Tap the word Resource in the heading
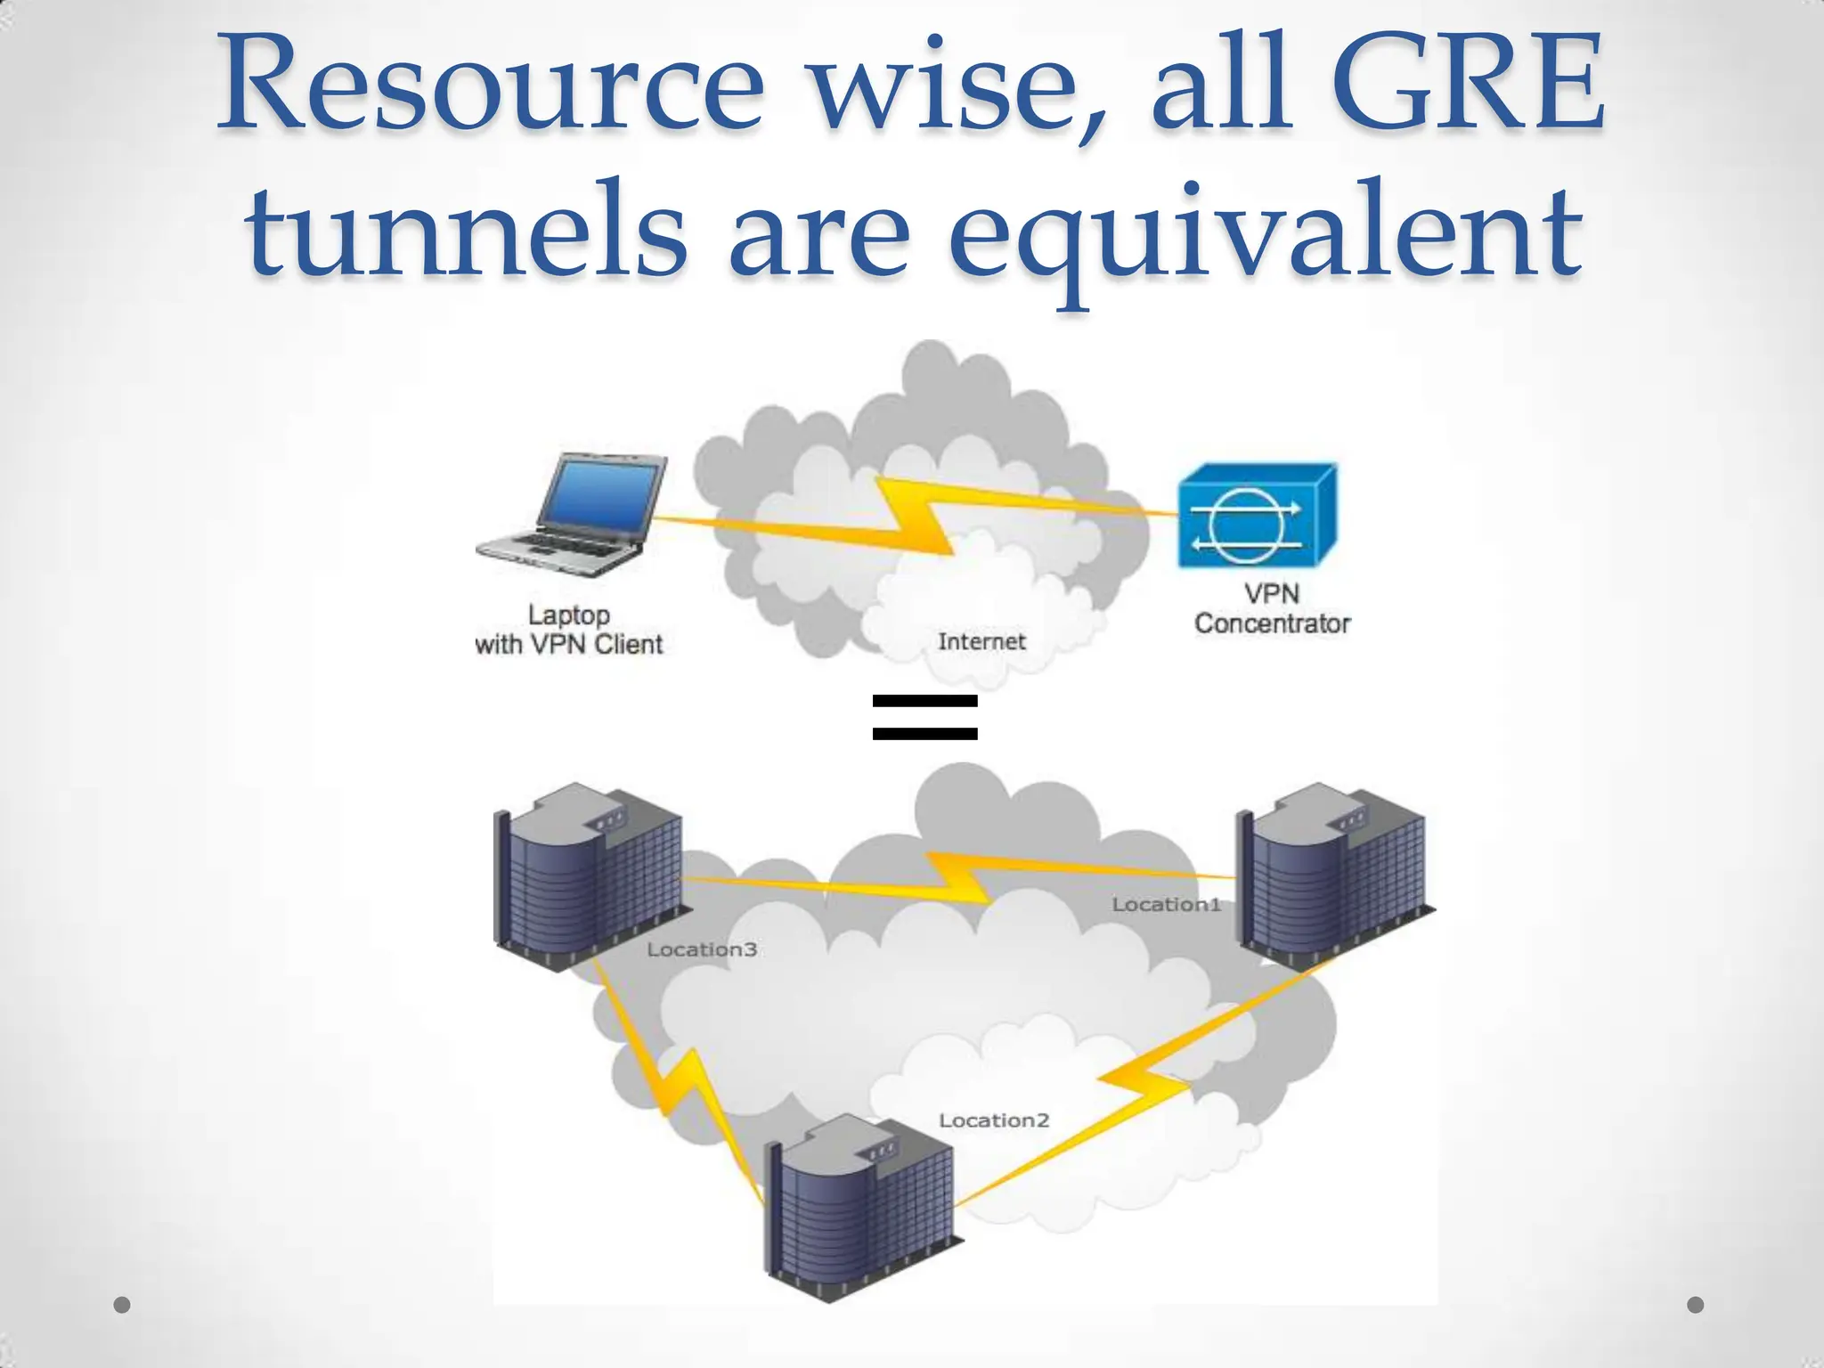click(x=490, y=85)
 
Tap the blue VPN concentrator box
click(x=1256, y=517)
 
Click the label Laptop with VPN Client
click(x=569, y=630)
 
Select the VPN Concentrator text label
click(x=1272, y=608)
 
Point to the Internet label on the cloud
click(x=981, y=641)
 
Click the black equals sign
click(x=924, y=718)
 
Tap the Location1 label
click(x=1166, y=905)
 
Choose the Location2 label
click(x=994, y=1120)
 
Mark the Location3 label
click(x=702, y=949)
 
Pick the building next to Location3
click(x=588, y=877)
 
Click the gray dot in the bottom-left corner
click(x=122, y=1305)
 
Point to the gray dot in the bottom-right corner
click(x=1696, y=1305)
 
